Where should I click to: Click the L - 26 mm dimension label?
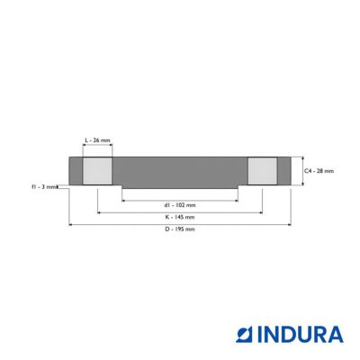[97, 140]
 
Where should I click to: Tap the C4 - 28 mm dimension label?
[319, 171]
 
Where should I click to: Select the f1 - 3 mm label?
[44, 186]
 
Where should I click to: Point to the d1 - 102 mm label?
[180, 205]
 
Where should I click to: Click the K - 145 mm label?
[180, 217]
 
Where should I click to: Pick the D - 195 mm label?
[180, 229]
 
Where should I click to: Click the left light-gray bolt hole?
[97, 171]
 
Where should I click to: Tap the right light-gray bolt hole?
[263, 171]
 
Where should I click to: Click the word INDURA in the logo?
[300, 335]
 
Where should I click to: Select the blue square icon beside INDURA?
[245, 335]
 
